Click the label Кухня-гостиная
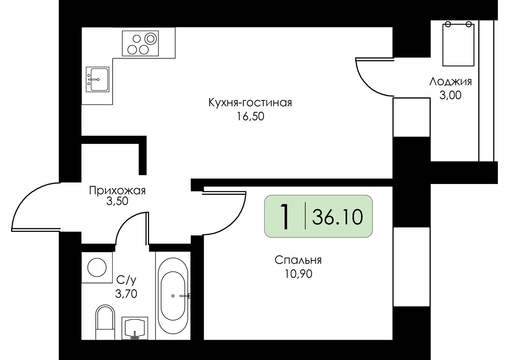[x=250, y=103]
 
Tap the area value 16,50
[x=251, y=117]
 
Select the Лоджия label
[x=450, y=82]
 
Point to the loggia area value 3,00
[x=450, y=95]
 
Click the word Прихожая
[x=117, y=190]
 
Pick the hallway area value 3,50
[x=117, y=201]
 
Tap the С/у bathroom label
[x=126, y=280]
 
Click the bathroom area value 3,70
[x=126, y=294]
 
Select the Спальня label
[x=298, y=260]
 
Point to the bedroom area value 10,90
[x=298, y=274]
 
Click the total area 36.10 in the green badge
[x=337, y=217]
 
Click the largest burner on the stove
[x=151, y=39]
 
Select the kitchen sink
[x=98, y=79]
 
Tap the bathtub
[x=173, y=296]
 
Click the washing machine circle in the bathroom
[x=97, y=267]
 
